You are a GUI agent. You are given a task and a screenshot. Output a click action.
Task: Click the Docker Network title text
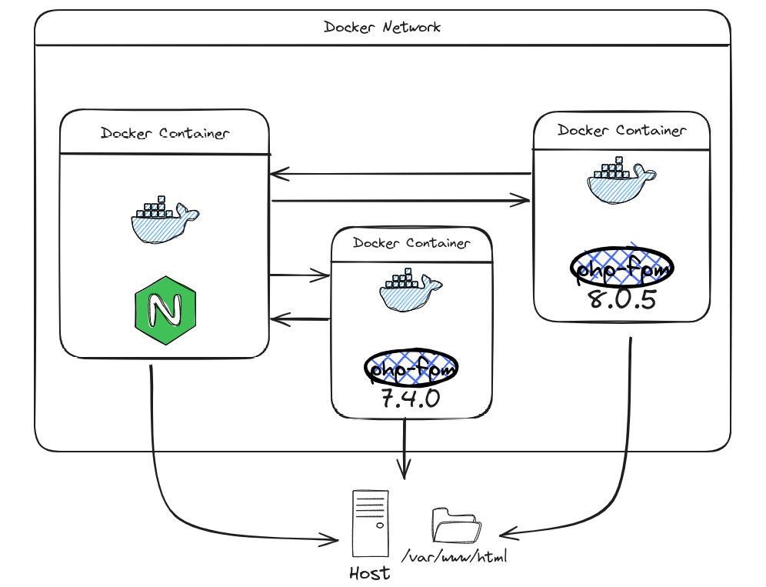pyautogui.click(x=382, y=27)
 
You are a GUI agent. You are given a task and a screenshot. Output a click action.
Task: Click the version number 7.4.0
pyautogui.click(x=411, y=399)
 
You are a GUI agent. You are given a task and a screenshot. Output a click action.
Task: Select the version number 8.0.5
pyautogui.click(x=622, y=299)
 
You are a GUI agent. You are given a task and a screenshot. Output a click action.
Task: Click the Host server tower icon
pyautogui.click(x=370, y=524)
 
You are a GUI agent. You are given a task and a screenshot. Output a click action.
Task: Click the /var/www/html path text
pyautogui.click(x=454, y=555)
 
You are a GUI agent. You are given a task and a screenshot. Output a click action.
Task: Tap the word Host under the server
pyautogui.click(x=369, y=573)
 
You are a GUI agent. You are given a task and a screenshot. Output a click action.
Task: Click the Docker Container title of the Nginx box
pyautogui.click(x=165, y=133)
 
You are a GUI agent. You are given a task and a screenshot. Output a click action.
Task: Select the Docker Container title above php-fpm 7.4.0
pyautogui.click(x=411, y=243)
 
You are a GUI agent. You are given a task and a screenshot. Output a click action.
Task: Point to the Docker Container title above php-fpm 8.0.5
pyautogui.click(x=621, y=130)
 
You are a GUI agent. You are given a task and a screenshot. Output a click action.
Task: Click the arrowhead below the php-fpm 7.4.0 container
pyautogui.click(x=405, y=469)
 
